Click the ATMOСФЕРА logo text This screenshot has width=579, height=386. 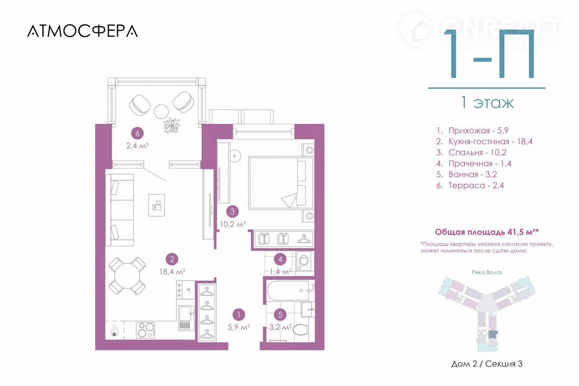[82, 31]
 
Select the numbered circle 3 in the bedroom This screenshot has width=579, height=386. [233, 211]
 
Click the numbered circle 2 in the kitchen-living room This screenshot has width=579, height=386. [171, 259]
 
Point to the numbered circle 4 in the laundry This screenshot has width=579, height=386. [280, 259]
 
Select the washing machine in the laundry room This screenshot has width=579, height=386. [304, 261]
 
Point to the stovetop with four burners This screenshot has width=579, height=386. [146, 329]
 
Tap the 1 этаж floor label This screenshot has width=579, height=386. [487, 103]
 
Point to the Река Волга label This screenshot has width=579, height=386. [486, 272]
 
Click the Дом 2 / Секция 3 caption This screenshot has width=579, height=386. [487, 364]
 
